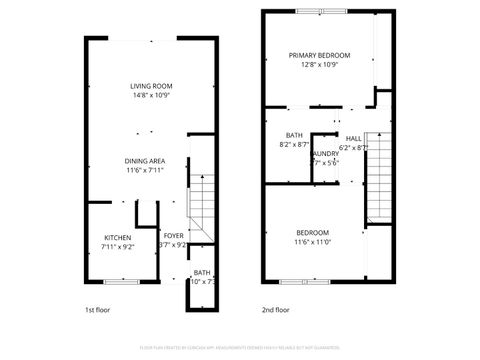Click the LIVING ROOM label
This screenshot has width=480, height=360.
pyautogui.click(x=151, y=86)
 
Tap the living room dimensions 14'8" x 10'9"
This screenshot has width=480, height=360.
pyautogui.click(x=151, y=96)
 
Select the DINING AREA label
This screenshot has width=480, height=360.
pyautogui.click(x=145, y=160)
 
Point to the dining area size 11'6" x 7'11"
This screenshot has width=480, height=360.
pyautogui.click(x=145, y=170)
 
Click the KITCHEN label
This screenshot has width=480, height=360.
pyautogui.click(x=117, y=236)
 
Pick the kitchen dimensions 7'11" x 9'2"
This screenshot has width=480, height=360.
pyautogui.click(x=117, y=246)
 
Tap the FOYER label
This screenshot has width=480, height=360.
pyautogui.click(x=174, y=236)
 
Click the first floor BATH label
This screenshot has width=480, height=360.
pyautogui.click(x=202, y=272)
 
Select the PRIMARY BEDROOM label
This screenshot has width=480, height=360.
pyautogui.click(x=320, y=55)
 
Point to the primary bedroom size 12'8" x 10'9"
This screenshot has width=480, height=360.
pyautogui.click(x=320, y=65)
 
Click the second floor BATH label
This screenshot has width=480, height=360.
pyautogui.click(x=294, y=135)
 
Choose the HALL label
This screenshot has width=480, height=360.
pyautogui.click(x=354, y=138)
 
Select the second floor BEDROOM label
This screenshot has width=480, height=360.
pyautogui.click(x=312, y=232)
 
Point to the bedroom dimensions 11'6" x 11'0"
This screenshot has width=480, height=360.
pyautogui.click(x=312, y=242)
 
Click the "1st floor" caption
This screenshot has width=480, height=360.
pyautogui.click(x=98, y=310)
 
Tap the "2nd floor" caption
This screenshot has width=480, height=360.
pyautogui.click(x=275, y=310)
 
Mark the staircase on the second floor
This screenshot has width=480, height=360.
pyautogui.click(x=377, y=178)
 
